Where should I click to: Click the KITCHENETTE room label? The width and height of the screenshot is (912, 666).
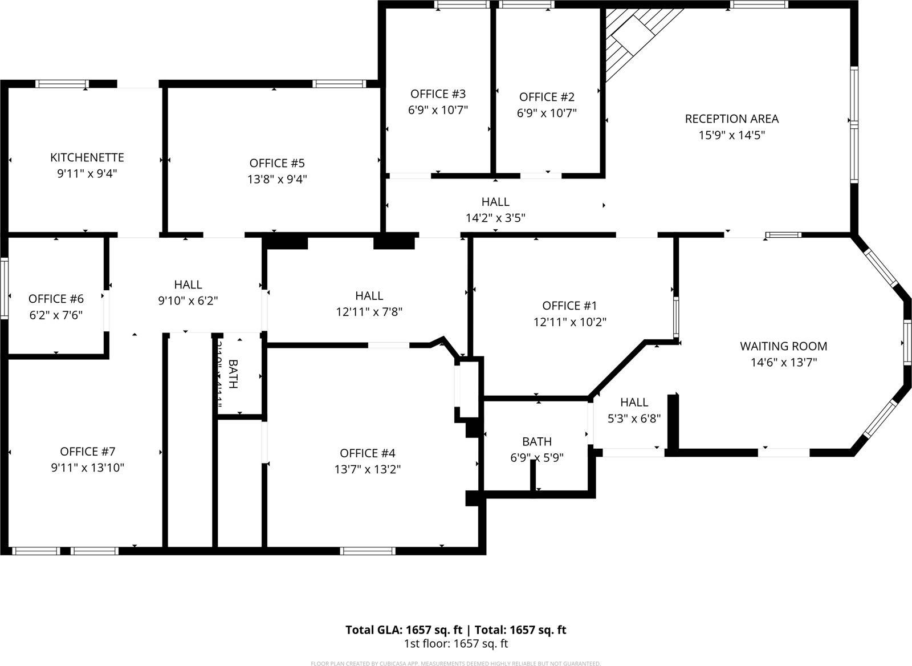(x=87, y=157)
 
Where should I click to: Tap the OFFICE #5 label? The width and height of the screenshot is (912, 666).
(x=277, y=163)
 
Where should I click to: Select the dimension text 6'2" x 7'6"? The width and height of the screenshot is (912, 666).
(x=56, y=315)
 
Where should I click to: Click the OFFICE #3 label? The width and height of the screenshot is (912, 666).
(x=438, y=94)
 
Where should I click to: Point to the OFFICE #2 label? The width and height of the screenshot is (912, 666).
(x=547, y=97)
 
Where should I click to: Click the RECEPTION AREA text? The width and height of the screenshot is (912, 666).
(x=731, y=119)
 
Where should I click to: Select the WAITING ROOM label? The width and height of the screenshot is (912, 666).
(x=783, y=346)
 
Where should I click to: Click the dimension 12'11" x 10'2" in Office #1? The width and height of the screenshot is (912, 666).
(x=569, y=322)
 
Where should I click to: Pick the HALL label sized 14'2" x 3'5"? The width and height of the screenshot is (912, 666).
(x=495, y=202)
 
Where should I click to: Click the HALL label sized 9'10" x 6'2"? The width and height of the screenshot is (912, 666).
(x=188, y=284)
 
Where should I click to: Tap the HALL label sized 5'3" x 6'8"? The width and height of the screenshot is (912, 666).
(x=634, y=402)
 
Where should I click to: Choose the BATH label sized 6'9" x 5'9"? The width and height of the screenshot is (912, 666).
(x=536, y=441)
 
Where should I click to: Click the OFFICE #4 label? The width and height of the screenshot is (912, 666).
(x=367, y=453)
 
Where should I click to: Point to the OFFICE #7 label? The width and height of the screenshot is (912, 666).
(x=87, y=452)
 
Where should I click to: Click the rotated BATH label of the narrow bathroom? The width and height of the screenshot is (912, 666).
(x=233, y=373)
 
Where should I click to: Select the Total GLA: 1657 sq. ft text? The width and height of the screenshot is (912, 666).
(x=404, y=630)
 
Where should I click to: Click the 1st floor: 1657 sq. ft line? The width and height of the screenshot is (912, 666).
(x=455, y=644)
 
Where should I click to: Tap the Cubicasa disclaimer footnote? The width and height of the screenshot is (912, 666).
(x=455, y=663)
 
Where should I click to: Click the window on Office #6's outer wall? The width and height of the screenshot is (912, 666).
(x=4, y=287)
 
